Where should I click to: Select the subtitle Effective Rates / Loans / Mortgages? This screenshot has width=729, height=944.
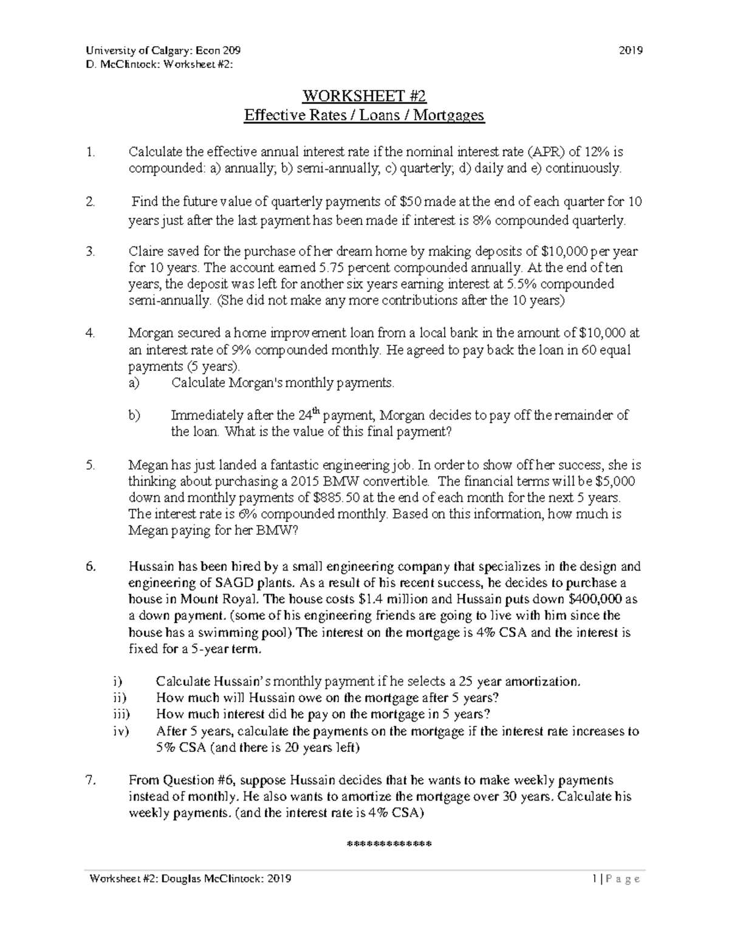click(x=364, y=115)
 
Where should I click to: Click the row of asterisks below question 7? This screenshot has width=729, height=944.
click(x=388, y=845)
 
